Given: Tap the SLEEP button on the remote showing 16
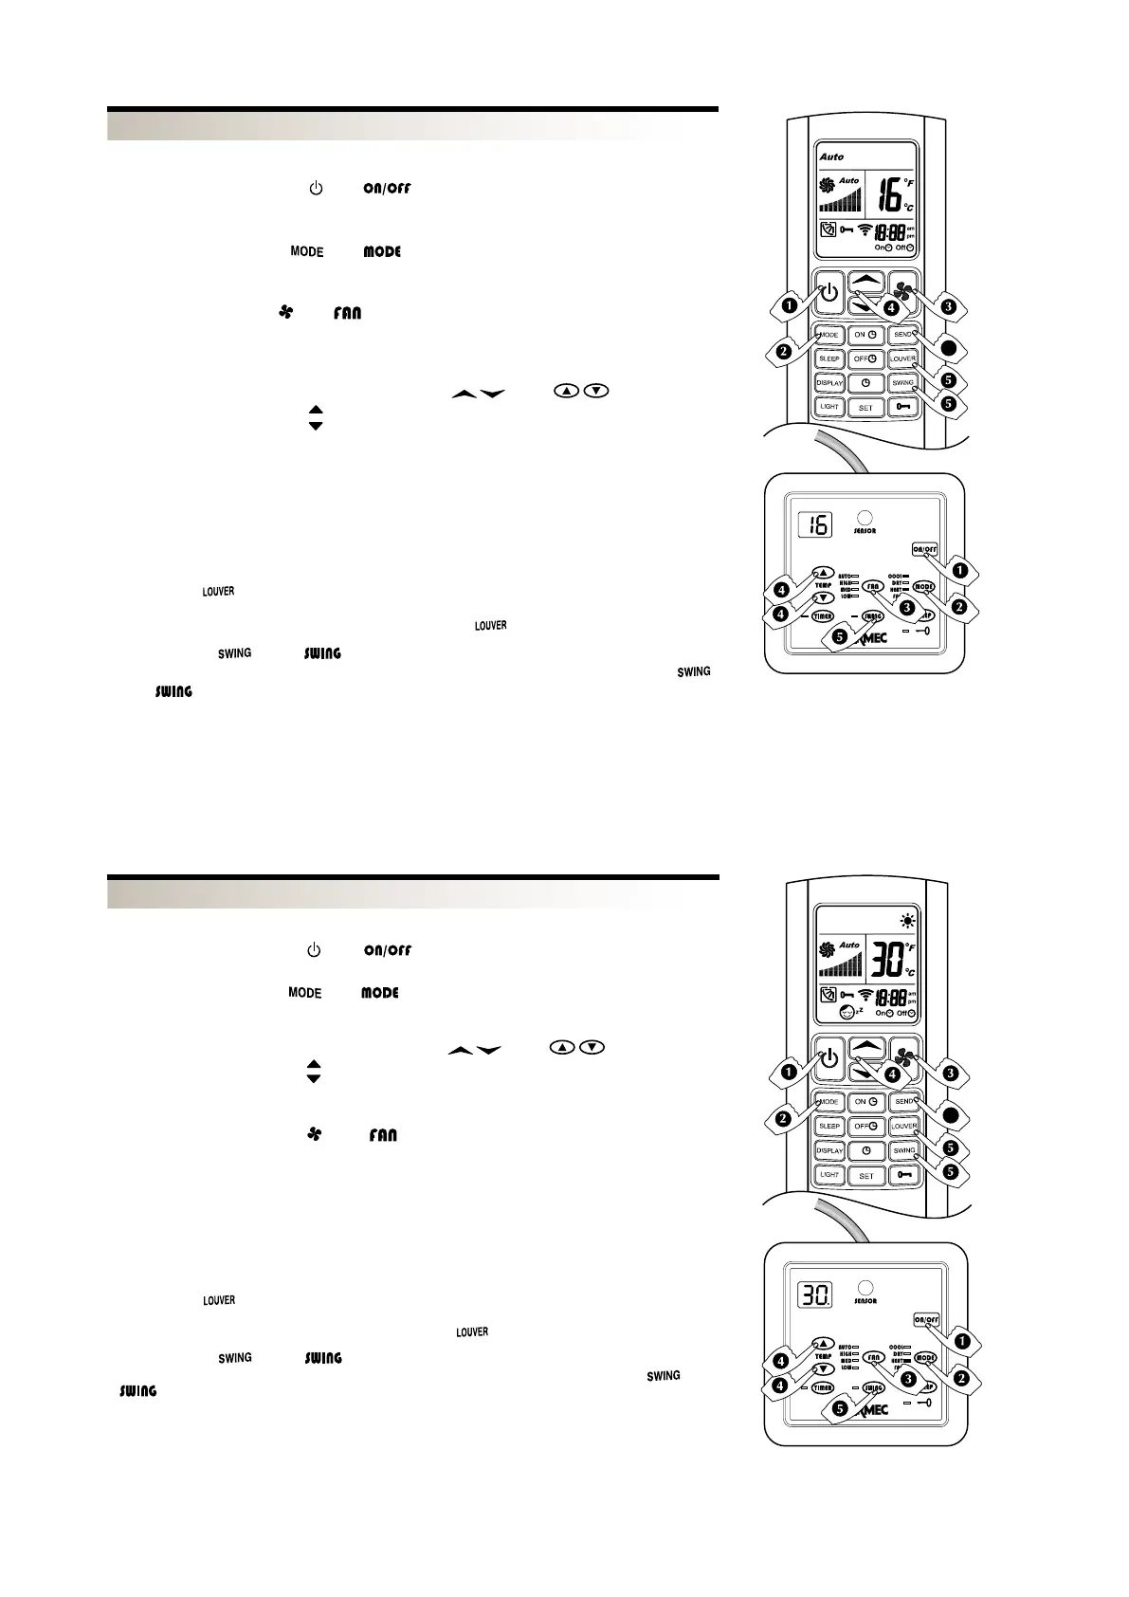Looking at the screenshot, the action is click(x=829, y=359).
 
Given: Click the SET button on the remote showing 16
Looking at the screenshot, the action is click(x=865, y=408).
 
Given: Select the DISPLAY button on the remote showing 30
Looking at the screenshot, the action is click(x=829, y=1150).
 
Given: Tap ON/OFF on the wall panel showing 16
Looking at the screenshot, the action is click(x=924, y=549).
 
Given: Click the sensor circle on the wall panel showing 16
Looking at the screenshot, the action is click(x=864, y=519).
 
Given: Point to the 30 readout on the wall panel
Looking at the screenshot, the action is click(x=814, y=1293).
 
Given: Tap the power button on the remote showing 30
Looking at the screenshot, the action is click(x=829, y=1058).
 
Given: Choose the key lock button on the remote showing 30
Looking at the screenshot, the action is click(x=903, y=1175).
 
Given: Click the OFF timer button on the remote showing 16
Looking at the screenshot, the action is click(x=865, y=359).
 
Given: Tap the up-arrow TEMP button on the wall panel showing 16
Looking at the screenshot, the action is click(x=823, y=574).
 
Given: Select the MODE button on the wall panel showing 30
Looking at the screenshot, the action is click(x=924, y=1357).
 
